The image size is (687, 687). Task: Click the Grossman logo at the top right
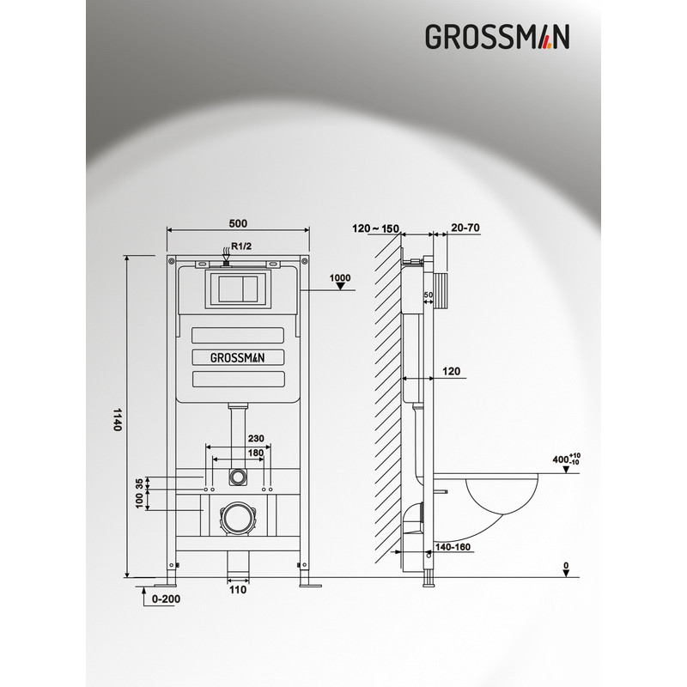[x=497, y=36]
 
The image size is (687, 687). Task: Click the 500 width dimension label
[x=238, y=223]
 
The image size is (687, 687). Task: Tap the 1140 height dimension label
[x=118, y=419]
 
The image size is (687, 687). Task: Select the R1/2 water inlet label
[x=241, y=246]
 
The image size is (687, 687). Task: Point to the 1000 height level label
[x=340, y=277]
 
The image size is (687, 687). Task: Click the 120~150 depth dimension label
[x=376, y=228]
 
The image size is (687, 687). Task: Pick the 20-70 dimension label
[x=465, y=228]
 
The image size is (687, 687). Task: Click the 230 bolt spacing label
[x=256, y=438]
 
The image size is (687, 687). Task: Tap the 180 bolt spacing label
[x=256, y=453]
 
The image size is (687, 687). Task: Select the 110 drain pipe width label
[x=238, y=590]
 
